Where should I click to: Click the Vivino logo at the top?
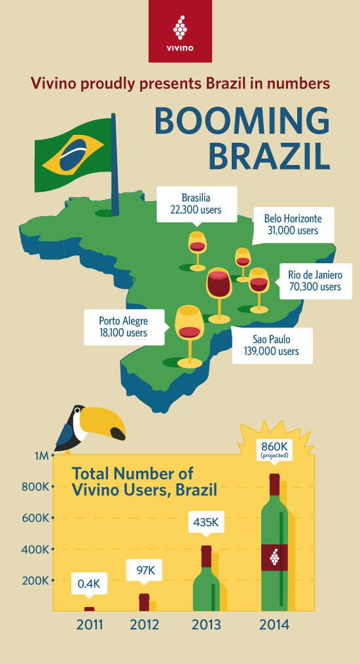tap(180, 31)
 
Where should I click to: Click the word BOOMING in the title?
tap(242, 120)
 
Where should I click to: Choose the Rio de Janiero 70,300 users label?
tap(315, 280)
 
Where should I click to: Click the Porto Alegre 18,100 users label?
tap(123, 327)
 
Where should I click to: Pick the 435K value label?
tap(206, 523)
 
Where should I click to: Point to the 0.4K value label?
tap(90, 583)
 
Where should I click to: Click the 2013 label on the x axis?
tap(206, 624)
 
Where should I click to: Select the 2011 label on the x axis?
tap(90, 624)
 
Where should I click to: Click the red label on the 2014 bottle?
tap(275, 558)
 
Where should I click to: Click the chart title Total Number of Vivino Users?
tap(144, 481)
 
